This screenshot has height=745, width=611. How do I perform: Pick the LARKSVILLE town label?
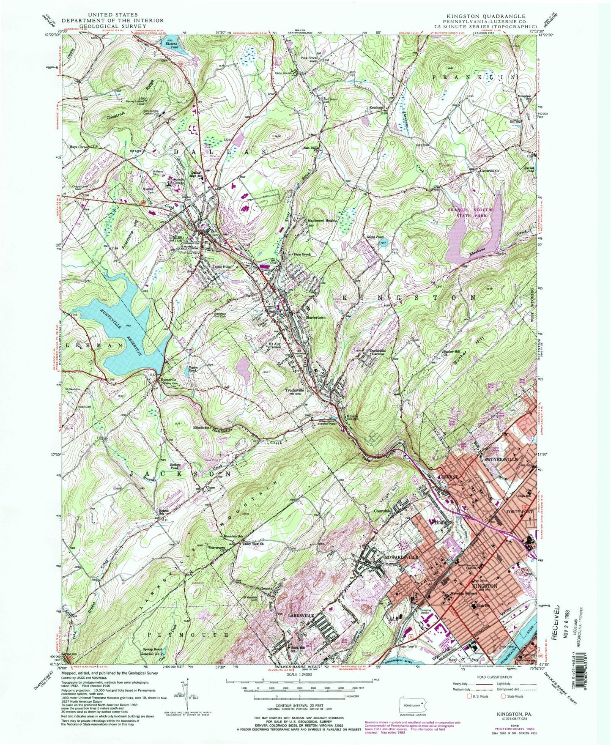(301, 616)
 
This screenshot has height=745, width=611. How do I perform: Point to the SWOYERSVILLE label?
(499, 459)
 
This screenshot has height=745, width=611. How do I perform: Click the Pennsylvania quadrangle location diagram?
(416, 708)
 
